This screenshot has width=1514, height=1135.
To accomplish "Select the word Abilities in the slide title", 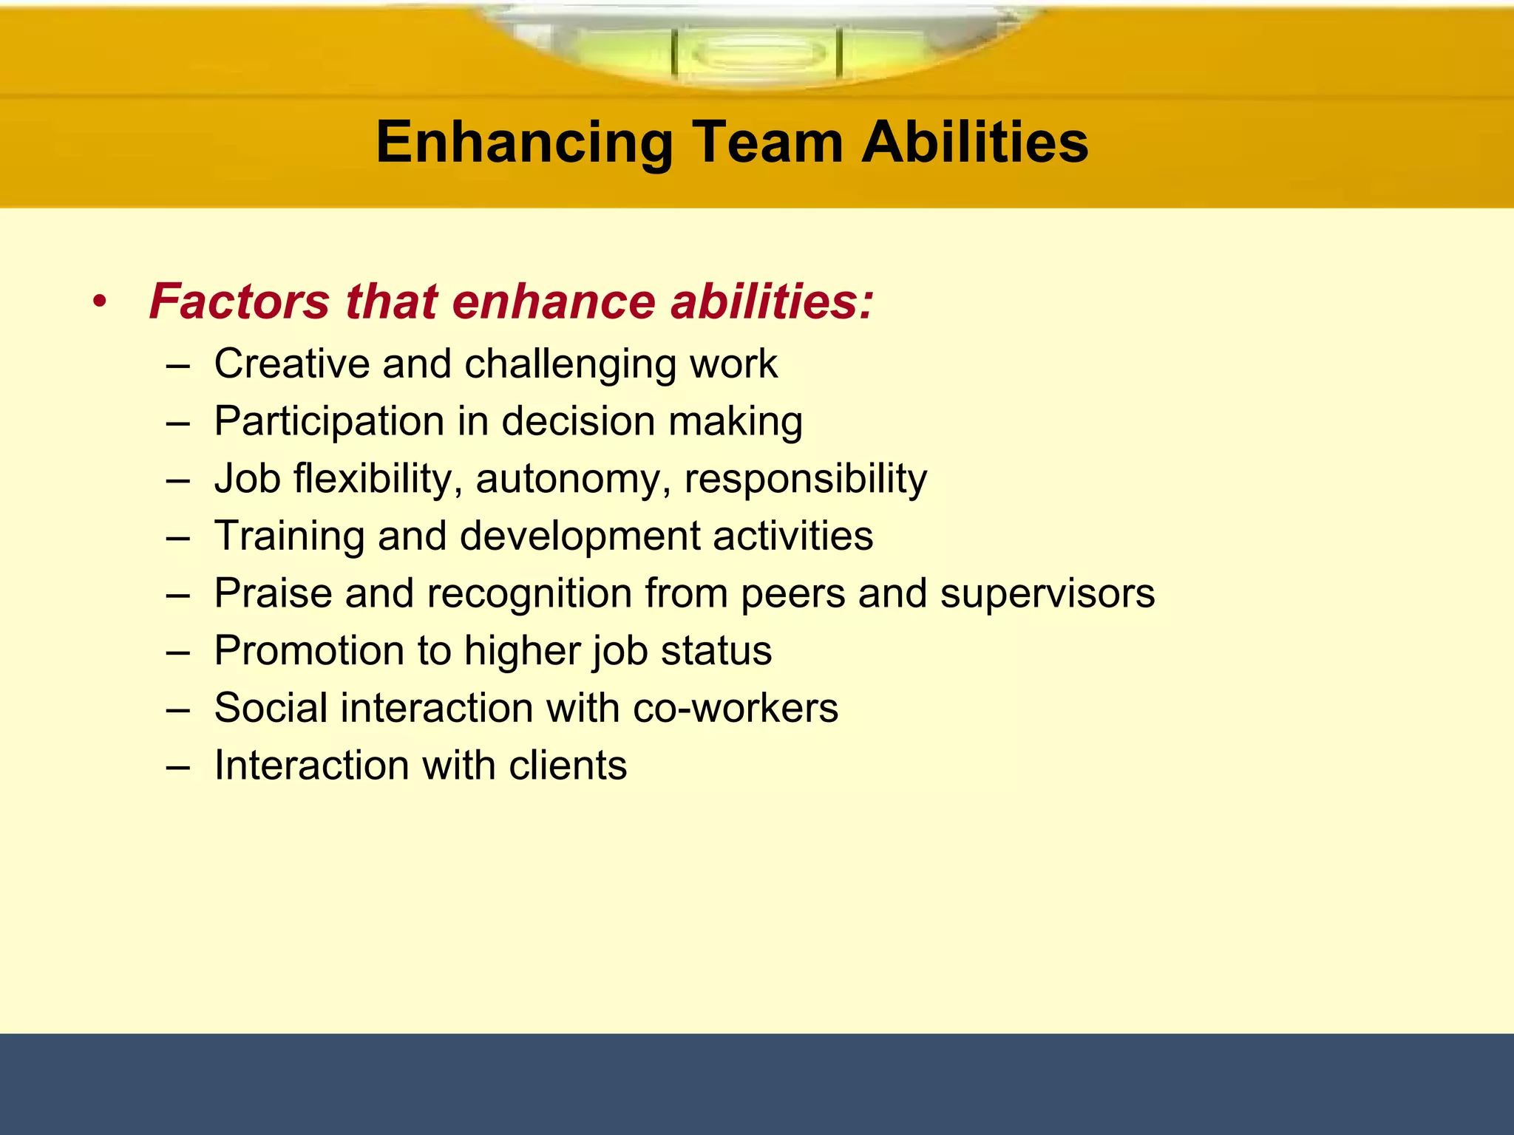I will (975, 142).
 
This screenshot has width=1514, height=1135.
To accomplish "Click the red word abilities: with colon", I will (772, 302).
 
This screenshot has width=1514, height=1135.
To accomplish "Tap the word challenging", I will (570, 365).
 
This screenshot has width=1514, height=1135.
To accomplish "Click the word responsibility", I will (805, 480).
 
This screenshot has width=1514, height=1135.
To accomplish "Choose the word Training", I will (289, 536).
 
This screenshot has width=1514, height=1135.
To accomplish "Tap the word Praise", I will (273, 593).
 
